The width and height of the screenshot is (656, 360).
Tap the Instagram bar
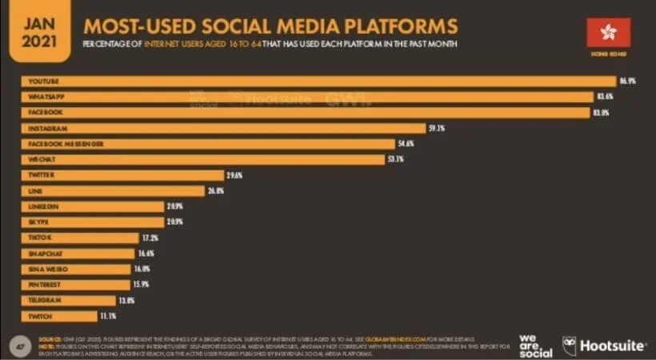tap(223, 128)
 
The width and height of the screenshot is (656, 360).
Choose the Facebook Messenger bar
tap(208, 144)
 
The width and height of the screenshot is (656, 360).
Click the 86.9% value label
tap(627, 82)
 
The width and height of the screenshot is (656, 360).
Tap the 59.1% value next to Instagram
tap(436, 128)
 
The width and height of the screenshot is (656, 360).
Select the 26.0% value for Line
tap(215, 190)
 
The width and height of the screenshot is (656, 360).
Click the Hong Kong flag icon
tap(609, 33)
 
